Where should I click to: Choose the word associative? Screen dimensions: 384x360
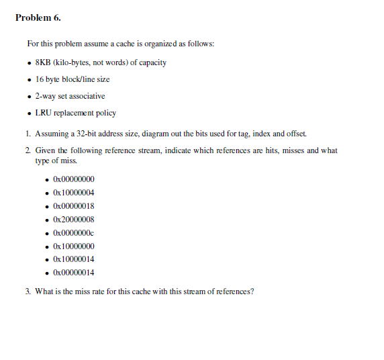pyautogui.click(x=88, y=96)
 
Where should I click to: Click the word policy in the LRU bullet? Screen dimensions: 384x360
pyautogui.click(x=105, y=113)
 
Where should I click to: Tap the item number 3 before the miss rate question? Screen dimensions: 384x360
pyautogui.click(x=28, y=291)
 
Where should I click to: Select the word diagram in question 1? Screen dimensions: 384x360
pyautogui.click(x=145, y=133)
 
